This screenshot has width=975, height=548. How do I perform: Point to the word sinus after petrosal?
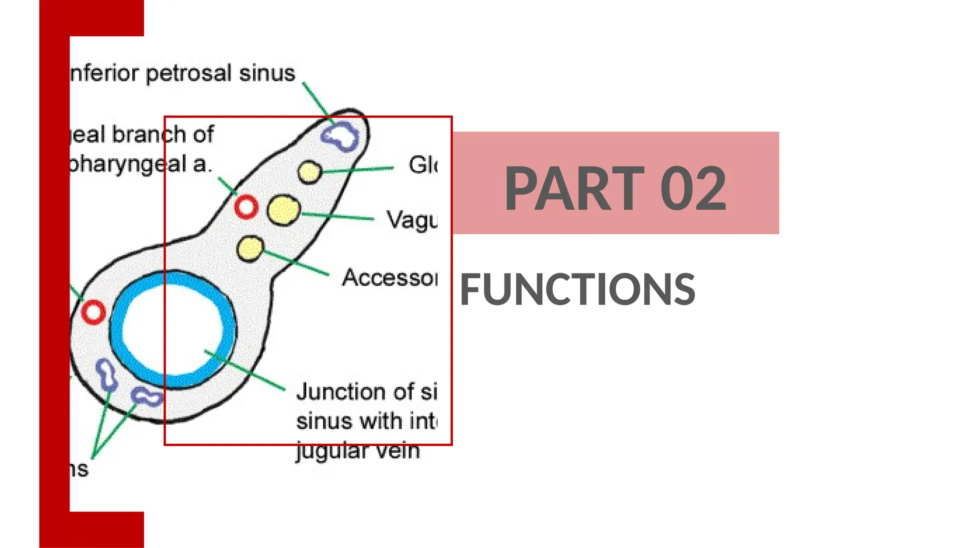tap(267, 73)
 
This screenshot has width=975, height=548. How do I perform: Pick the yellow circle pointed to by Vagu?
tap(284, 210)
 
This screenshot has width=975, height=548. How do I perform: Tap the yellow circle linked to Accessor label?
tap(250, 248)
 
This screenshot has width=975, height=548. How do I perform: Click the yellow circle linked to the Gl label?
tap(310, 172)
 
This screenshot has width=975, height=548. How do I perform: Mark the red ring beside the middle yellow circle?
tap(246, 207)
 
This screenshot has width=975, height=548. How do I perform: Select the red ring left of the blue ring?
tap(93, 312)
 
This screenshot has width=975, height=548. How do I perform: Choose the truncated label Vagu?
tap(412, 220)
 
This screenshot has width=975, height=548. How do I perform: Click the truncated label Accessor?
tap(389, 278)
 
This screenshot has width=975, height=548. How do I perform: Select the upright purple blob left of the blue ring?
tap(107, 374)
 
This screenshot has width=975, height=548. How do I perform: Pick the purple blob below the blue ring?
tap(147, 396)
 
